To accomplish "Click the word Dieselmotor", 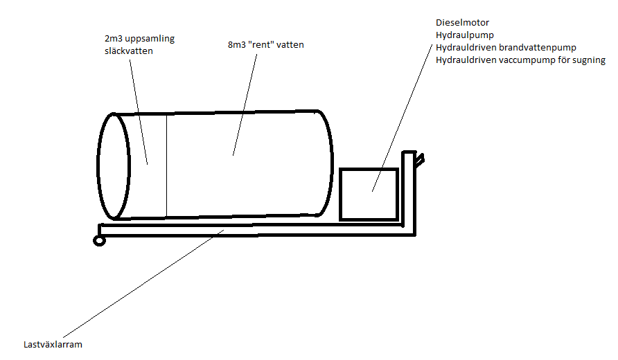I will pos(462,23).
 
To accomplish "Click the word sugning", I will pos(588,60).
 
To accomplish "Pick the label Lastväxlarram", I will pos(53,344).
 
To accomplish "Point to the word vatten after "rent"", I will pos(290,45).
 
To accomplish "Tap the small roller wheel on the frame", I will pos(99,240).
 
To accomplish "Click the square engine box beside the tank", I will pos(369,194).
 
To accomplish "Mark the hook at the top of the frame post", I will pos(418,158).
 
